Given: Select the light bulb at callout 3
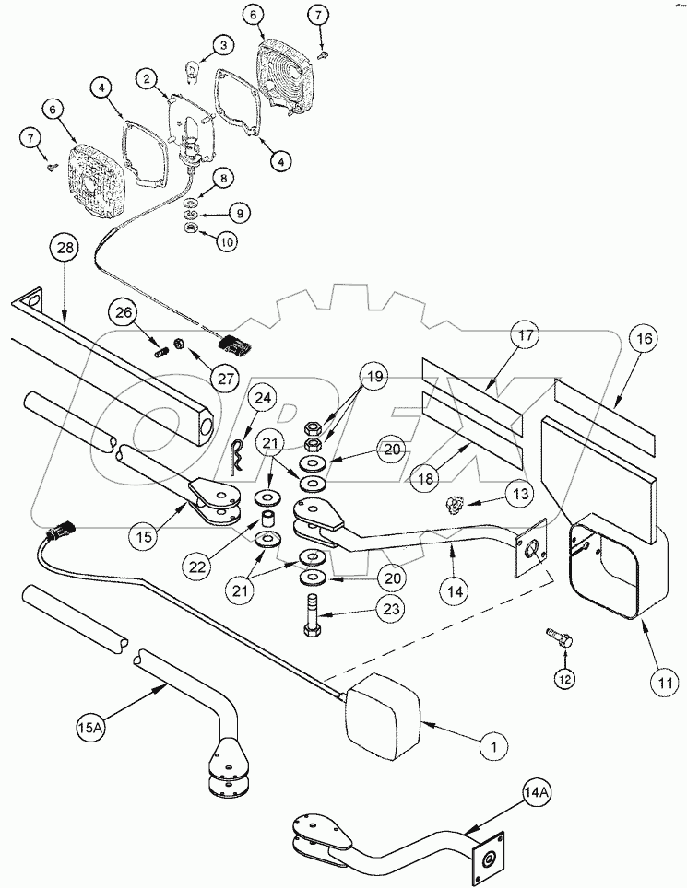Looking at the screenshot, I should tap(195, 69).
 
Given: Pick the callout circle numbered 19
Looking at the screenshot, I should tap(373, 376).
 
